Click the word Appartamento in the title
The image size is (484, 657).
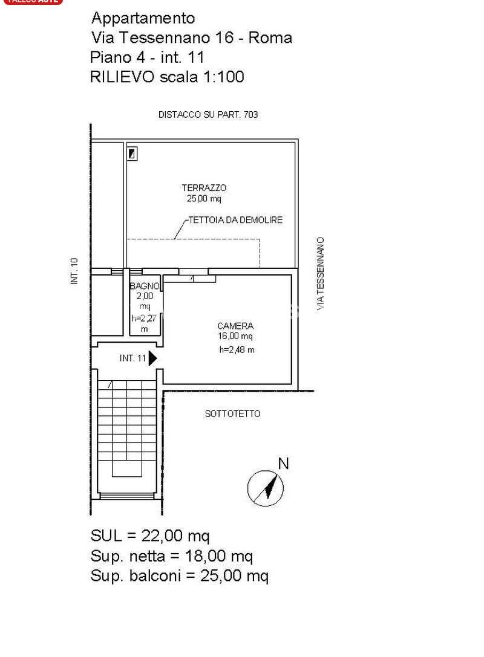coord(143,19)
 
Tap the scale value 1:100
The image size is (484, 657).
coord(223,77)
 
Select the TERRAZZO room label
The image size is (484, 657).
coord(204,188)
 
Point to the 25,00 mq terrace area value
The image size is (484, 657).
coord(204,199)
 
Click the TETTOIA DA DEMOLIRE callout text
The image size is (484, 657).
coord(236,219)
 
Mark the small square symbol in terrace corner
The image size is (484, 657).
coord(132,154)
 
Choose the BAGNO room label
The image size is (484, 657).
coord(145,286)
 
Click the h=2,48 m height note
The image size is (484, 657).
coord(237,350)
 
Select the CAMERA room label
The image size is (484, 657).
coord(235,326)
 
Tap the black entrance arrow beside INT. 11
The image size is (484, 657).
coord(152,358)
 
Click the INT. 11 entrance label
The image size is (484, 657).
coord(132,358)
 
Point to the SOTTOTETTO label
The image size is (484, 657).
coord(233,413)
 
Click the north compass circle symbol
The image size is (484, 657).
coord(266,488)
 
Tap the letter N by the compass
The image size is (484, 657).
coord(284,464)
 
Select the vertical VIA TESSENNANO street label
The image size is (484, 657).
coord(321,274)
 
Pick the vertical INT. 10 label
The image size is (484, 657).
coord(74,271)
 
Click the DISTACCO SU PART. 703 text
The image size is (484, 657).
coord(208,114)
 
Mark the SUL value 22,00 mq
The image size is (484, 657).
coord(175,536)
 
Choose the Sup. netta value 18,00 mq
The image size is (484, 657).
coord(219,556)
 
